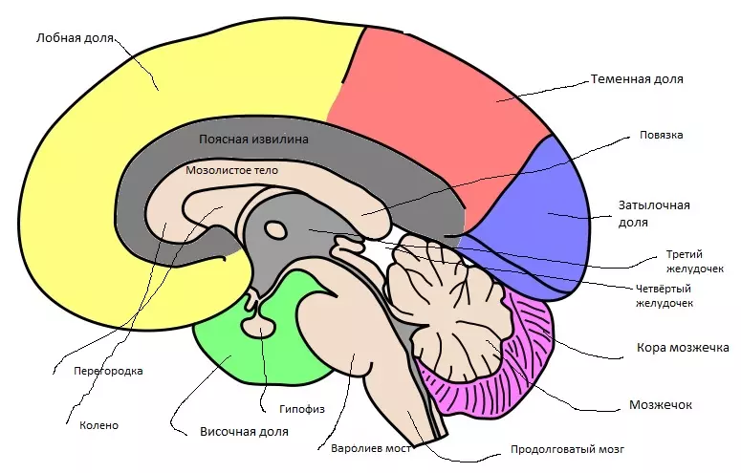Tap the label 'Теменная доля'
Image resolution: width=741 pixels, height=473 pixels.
point(637,79)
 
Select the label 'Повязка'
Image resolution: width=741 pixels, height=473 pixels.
point(661,135)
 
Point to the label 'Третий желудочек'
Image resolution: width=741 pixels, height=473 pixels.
point(687,261)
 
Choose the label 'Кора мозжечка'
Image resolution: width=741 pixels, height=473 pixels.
point(683,347)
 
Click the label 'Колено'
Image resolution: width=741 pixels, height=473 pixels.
point(99,425)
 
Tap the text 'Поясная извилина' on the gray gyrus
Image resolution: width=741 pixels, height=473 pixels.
point(253,139)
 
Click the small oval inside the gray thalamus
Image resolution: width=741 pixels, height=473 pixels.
point(275,229)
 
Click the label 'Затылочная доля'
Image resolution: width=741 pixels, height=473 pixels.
point(655,213)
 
